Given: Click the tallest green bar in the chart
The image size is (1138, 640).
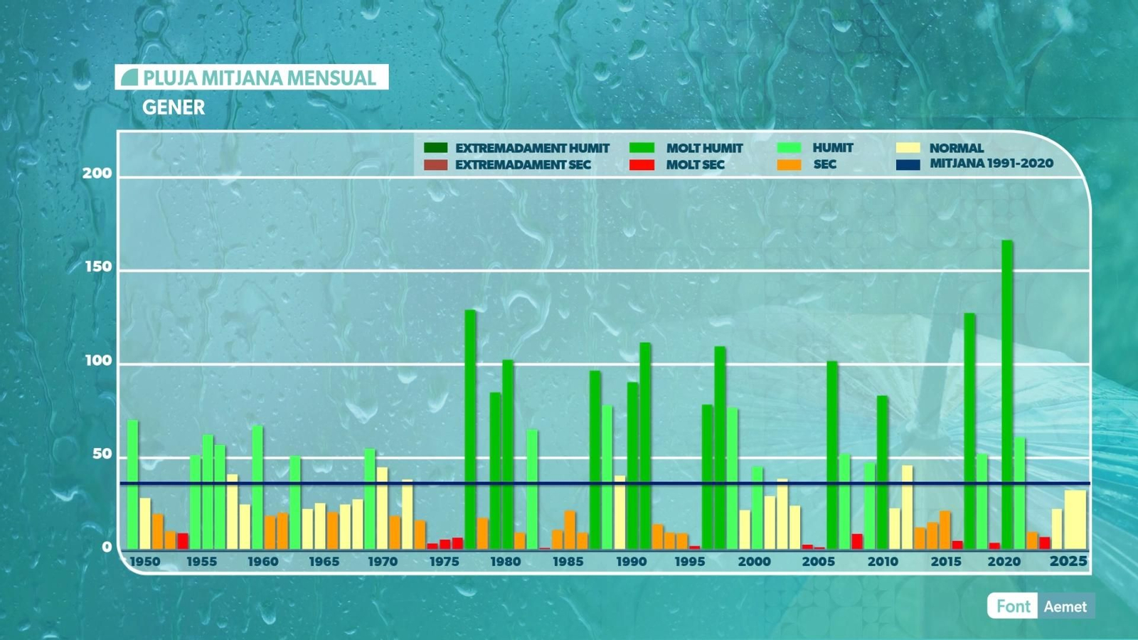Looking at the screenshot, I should click(1007, 395).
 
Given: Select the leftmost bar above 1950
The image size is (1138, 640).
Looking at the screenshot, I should click(132, 484).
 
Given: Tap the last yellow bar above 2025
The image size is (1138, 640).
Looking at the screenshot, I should click(1075, 520).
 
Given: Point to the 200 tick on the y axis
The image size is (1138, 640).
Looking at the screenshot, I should click(97, 174).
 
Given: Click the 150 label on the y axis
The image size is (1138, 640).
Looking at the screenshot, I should click(98, 267).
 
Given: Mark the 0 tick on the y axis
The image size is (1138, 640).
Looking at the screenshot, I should click(107, 547).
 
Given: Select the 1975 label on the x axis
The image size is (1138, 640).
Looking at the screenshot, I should click(445, 562).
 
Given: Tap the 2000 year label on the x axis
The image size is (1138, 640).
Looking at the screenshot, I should click(754, 562).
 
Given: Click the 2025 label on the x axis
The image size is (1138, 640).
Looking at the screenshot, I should click(1068, 562).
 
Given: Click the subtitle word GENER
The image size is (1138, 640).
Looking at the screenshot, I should click(174, 107).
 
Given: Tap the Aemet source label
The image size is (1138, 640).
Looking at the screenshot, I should click(1065, 607).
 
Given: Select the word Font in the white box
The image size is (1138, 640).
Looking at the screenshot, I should click(1013, 607).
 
